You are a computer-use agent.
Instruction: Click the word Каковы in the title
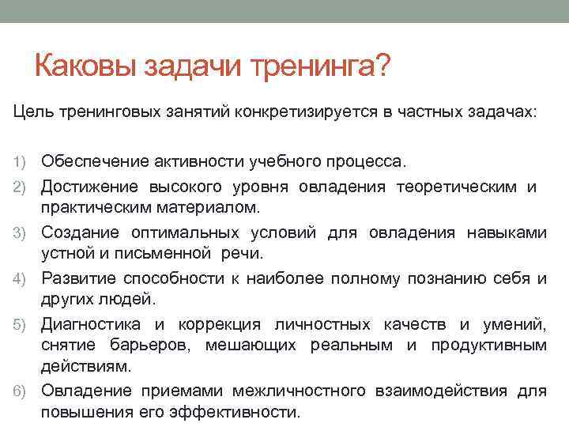85,66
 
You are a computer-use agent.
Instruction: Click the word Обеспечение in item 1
90,162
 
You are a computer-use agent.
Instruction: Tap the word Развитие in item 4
75,278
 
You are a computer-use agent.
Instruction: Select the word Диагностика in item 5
91,324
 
